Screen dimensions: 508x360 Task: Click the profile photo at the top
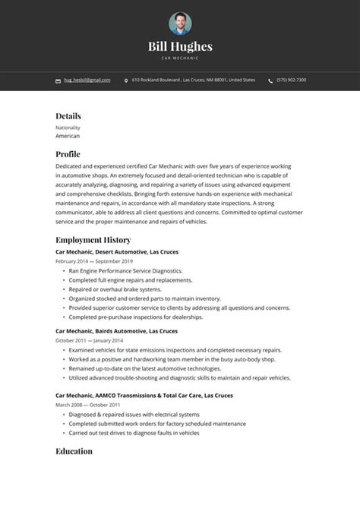180,23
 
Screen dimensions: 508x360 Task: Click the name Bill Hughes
180,47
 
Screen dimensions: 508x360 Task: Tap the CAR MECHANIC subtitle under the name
180,58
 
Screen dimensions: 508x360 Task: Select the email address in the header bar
87,80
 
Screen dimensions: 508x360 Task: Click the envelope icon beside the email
58,80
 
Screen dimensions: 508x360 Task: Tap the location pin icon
126,80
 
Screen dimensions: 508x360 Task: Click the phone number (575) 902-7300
292,80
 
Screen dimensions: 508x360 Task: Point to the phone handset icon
270,80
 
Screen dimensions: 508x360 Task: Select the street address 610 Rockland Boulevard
156,80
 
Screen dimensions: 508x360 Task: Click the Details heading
68,116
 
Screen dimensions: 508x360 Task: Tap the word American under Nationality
68,136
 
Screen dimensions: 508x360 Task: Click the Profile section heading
68,153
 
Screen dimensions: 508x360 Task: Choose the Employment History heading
93,240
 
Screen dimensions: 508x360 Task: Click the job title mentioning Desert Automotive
117,251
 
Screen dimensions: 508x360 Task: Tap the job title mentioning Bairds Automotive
116,331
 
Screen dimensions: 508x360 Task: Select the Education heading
74,451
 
